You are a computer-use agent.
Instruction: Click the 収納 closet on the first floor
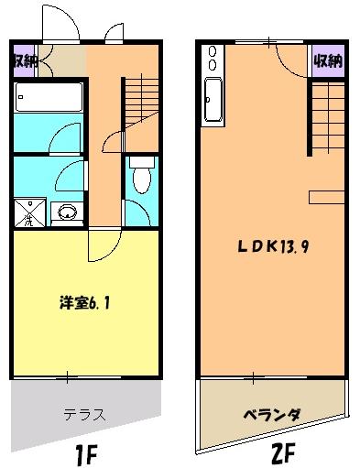point(25,61)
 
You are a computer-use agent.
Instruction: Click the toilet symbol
point(139,179)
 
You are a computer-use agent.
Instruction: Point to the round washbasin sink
point(67,213)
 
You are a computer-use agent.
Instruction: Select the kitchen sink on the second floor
point(213,99)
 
